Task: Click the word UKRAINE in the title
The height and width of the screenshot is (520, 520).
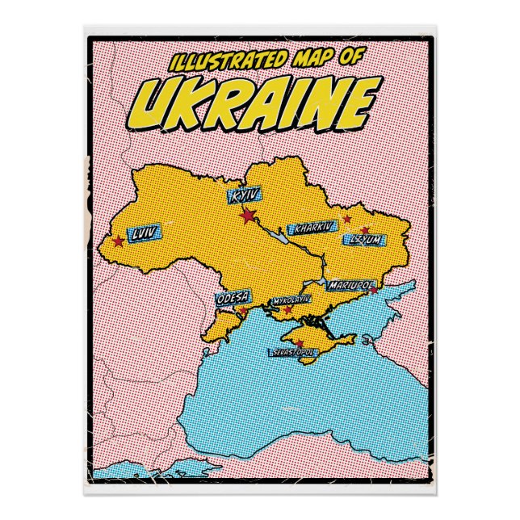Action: tap(258, 100)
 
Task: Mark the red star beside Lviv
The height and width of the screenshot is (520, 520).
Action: tap(119, 241)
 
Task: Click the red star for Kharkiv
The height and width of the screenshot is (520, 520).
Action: tap(346, 218)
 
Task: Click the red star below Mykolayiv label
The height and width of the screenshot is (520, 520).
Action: tap(288, 309)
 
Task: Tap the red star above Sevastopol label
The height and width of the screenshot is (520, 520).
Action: tap(300, 343)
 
